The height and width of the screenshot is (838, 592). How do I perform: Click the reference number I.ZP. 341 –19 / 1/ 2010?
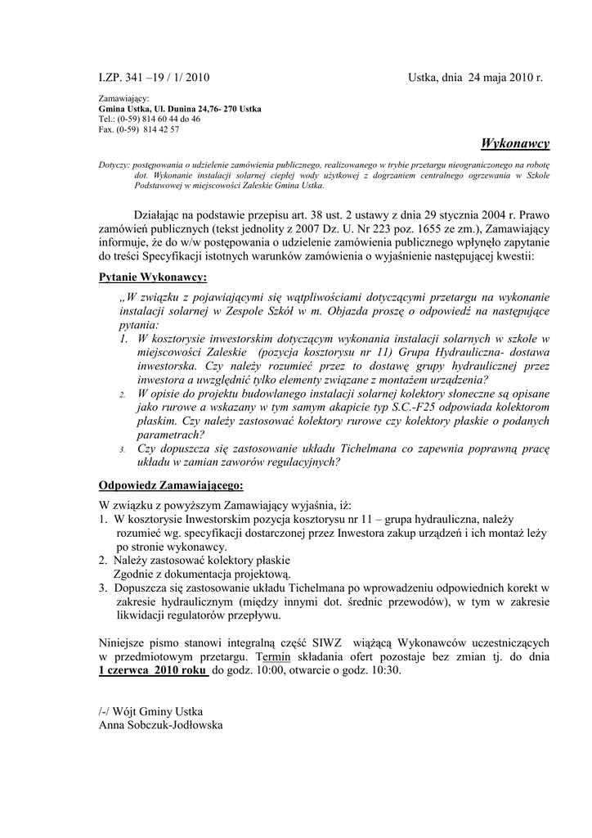154,78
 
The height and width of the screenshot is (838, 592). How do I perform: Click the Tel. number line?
149,119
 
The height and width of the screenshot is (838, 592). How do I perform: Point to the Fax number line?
139,129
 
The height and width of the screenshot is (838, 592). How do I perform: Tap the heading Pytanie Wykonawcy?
153,277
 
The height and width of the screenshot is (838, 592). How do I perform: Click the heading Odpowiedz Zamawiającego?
171,484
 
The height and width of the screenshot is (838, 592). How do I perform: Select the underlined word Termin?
272,656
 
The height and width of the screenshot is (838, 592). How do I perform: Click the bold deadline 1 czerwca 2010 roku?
153,670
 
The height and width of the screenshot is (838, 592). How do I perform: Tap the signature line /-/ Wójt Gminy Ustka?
150,710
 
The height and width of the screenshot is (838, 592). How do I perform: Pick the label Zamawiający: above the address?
123,98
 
